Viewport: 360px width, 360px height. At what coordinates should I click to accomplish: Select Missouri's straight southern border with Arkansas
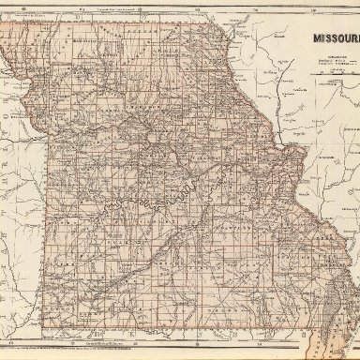click(169, 332)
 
